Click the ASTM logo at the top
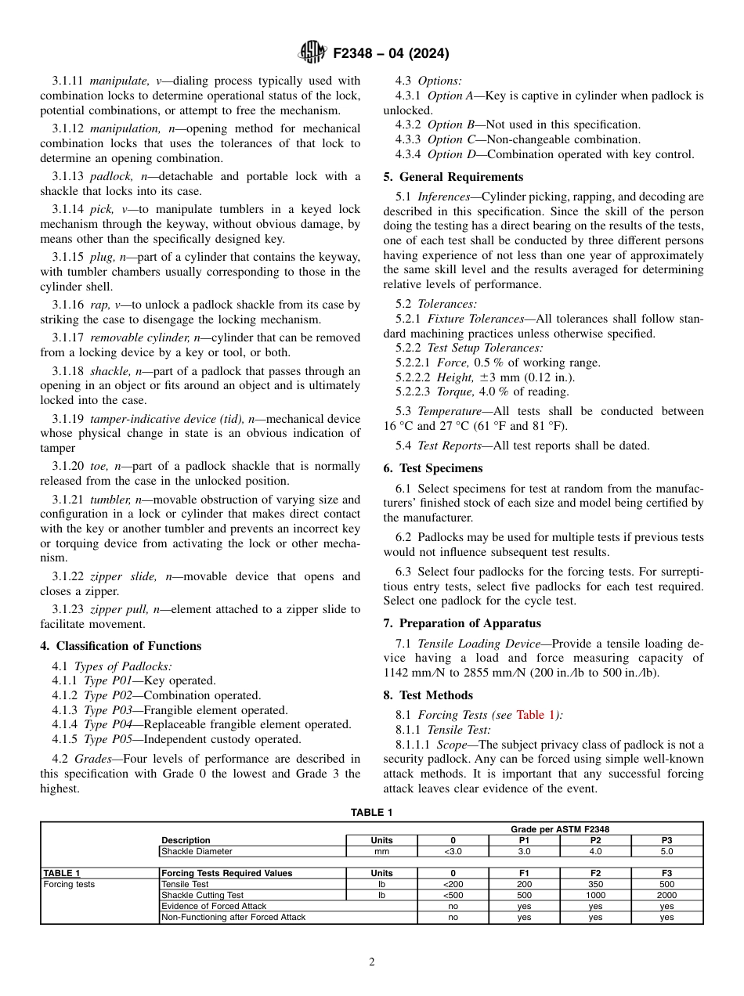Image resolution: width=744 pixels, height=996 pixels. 312,53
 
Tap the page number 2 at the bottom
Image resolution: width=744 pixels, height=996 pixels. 372,962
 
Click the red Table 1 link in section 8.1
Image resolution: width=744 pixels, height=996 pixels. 536,715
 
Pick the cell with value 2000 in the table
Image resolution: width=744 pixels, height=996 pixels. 666,895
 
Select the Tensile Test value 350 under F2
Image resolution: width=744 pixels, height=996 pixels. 595,884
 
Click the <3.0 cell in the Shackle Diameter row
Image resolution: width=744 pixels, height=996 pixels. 453,851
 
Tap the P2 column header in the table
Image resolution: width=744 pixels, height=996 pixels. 595,840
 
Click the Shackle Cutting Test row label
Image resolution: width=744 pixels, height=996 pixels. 202,895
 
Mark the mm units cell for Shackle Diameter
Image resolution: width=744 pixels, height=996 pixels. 381,851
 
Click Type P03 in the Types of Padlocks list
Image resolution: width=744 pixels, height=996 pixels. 106,710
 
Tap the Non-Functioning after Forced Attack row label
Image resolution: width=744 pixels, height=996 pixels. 233,917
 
